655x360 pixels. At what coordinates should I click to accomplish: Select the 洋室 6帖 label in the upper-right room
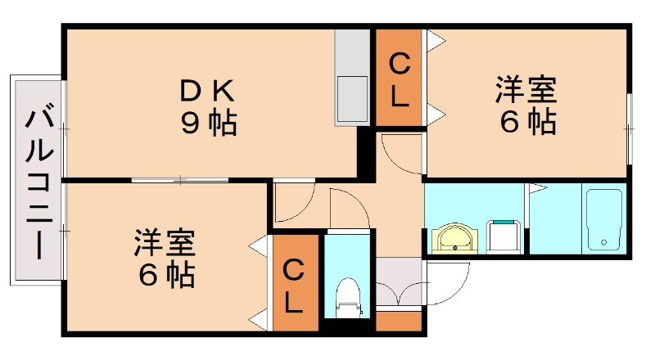pos(526,105)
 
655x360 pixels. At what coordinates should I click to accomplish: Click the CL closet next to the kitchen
pos(399,79)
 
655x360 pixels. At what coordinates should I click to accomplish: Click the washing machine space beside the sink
pos(504,237)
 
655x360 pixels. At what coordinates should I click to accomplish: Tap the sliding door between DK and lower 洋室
pos(179,178)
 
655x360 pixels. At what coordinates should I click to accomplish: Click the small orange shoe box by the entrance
pos(400,321)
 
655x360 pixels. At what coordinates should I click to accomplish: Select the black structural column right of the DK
pos(366,155)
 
